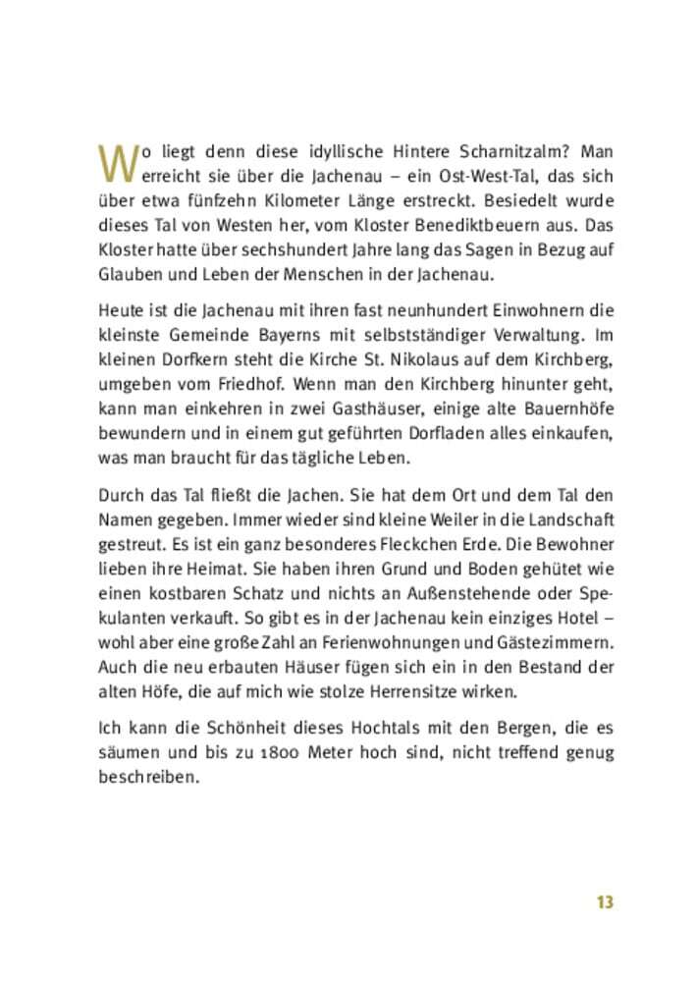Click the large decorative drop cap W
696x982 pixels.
pyautogui.click(x=115, y=164)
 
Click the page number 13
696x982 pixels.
pyautogui.click(x=604, y=901)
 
